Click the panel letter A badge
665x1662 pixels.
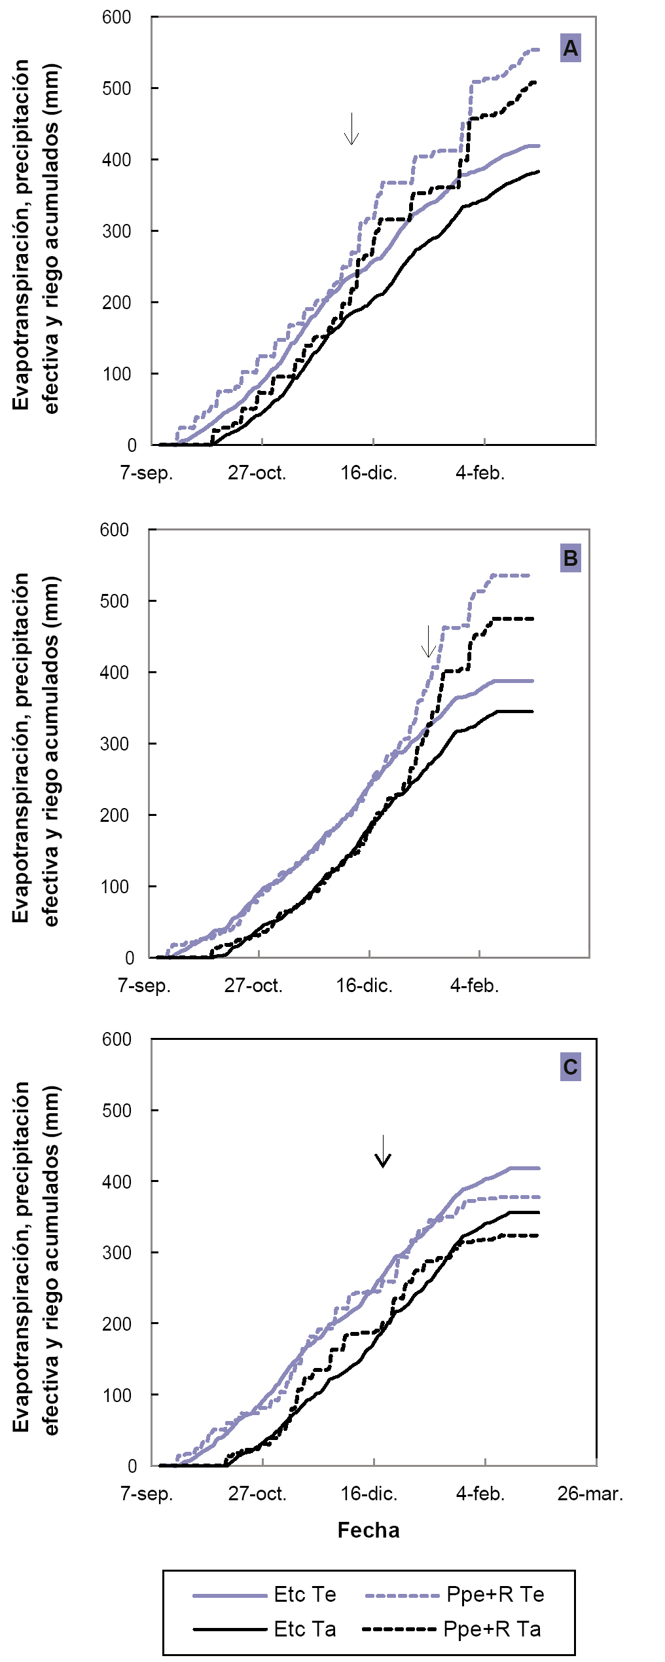click(570, 48)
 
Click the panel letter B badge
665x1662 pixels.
click(570, 558)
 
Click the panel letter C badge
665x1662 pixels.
click(570, 1067)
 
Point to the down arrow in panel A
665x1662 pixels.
click(351, 129)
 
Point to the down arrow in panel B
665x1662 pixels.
click(428, 641)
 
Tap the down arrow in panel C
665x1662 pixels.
click(382, 1151)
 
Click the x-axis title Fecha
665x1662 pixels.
click(368, 1530)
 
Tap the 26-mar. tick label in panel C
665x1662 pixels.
click(590, 1494)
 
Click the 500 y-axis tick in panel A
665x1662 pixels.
click(117, 88)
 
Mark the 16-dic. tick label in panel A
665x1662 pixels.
click(368, 473)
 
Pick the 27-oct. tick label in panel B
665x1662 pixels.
click(253, 986)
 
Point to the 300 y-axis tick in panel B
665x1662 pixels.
click(114, 744)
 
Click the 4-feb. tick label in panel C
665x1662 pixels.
click(480, 1494)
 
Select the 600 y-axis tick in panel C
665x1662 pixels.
click(117, 1039)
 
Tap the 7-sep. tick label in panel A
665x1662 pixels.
click(147, 473)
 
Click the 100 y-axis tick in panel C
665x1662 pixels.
click(117, 1395)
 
